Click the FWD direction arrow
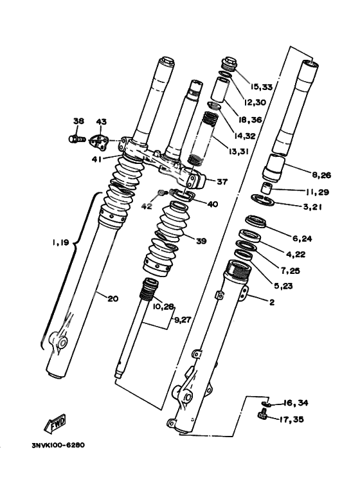[55, 424]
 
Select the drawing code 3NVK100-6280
[59, 446]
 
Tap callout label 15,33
[261, 87]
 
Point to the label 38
[78, 121]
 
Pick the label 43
[102, 122]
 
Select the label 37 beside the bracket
[222, 181]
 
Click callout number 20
[113, 298]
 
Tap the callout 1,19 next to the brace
[60, 243]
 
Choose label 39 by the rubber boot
[201, 241]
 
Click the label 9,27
[183, 320]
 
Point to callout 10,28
[163, 307]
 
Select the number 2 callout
[271, 302]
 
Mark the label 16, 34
[296, 403]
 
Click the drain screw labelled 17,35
[262, 415]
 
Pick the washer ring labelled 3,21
[262, 200]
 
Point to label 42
[147, 206]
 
